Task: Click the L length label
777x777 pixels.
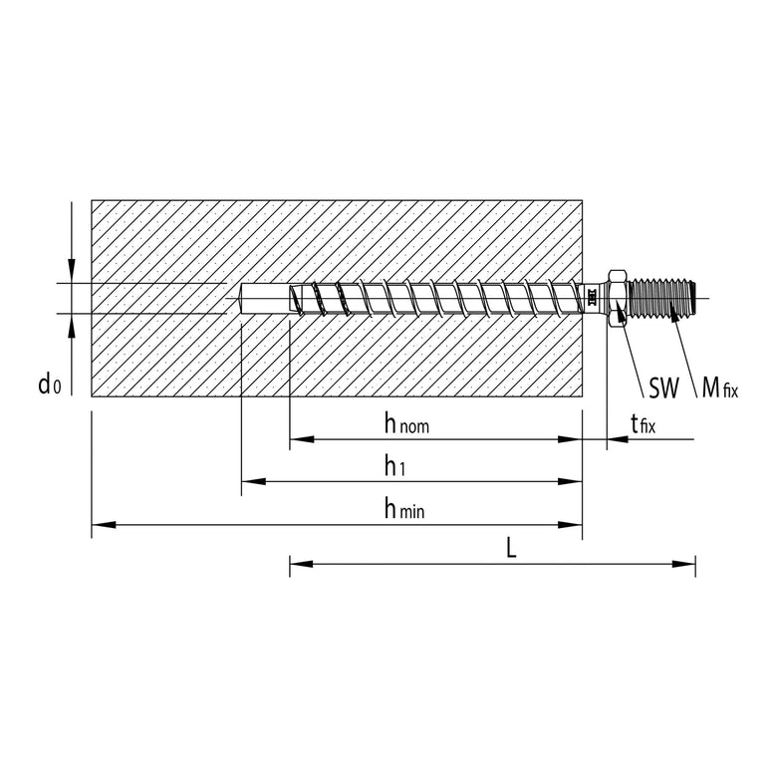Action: (x=511, y=550)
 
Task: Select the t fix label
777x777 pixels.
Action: (x=644, y=426)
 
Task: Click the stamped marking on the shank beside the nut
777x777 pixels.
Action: (x=591, y=297)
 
